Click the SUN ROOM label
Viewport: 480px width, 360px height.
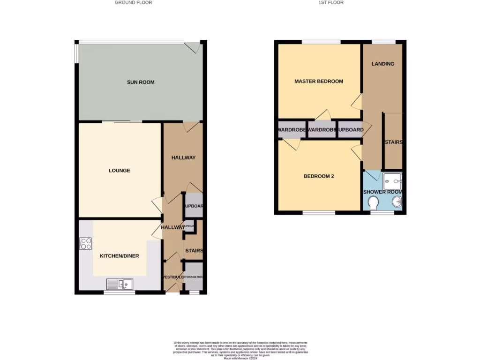[141, 82]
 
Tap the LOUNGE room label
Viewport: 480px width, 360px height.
[120, 171]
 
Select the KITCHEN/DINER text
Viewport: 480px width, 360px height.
[120, 256]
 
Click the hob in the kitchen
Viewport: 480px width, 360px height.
[86, 244]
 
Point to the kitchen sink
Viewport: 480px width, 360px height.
[120, 284]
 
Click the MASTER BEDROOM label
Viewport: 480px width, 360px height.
[319, 82]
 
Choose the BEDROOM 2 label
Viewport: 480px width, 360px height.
[319, 177]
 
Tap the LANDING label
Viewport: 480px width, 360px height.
[383, 64]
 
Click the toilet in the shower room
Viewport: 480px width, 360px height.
[373, 203]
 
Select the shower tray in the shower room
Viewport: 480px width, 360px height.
[392, 180]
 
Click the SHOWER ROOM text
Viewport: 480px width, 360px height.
[383, 192]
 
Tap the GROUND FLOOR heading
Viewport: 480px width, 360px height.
[134, 3]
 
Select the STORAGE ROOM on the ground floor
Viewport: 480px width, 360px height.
[193, 277]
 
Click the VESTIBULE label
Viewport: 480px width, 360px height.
[173, 277]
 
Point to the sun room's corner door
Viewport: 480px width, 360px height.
[192, 47]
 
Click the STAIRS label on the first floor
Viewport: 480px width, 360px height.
[393, 142]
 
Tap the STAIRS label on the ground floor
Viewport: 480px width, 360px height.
[194, 251]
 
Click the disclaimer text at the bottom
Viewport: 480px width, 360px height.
[240, 350]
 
